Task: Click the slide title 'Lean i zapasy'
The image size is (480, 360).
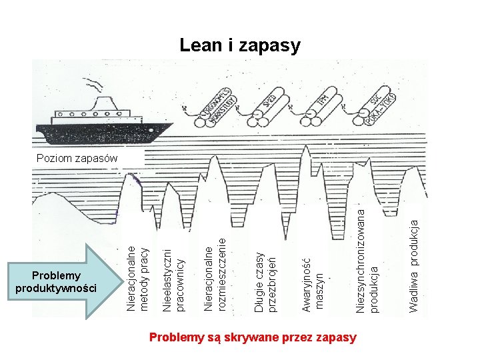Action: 240,45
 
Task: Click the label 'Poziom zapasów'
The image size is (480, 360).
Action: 77,159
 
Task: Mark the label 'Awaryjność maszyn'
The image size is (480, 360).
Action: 312,285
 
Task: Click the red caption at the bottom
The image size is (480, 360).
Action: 253,337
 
